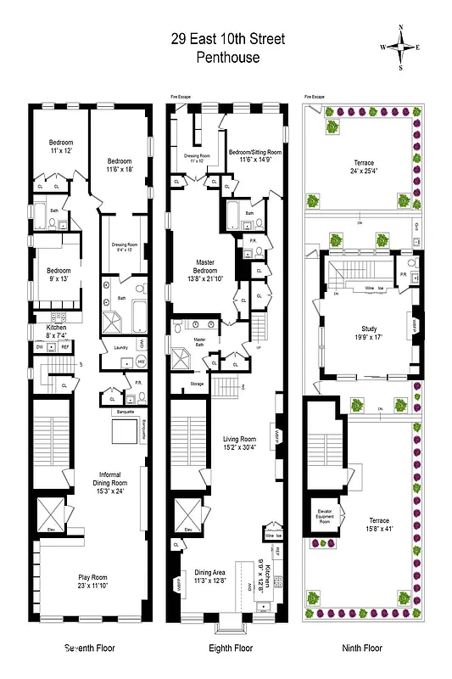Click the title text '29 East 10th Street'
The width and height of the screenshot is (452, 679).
(228, 40)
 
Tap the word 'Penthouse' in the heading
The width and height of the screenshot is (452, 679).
(227, 58)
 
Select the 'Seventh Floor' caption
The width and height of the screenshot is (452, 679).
(90, 648)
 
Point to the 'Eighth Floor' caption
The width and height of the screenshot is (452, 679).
(231, 648)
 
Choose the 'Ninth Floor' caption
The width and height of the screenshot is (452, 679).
(363, 648)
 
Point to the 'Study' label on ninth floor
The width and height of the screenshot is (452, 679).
(368, 330)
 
